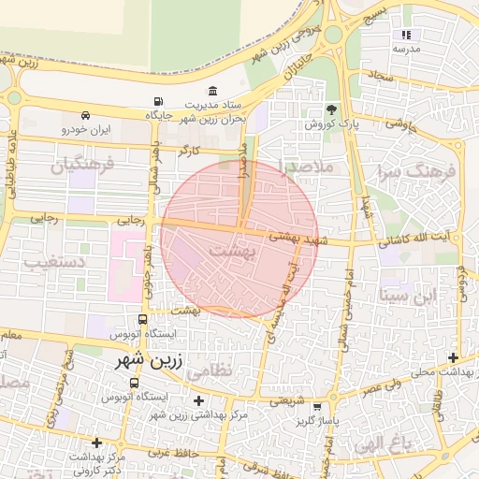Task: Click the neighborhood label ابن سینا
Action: point(409,295)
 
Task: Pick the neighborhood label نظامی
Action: point(208,371)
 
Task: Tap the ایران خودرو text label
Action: point(86,129)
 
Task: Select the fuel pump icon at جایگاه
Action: point(156,101)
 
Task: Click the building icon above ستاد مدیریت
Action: point(212,92)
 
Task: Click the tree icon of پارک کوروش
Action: point(330,109)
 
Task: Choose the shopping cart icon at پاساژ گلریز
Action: point(319,406)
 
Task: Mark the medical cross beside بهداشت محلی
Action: point(454,357)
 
